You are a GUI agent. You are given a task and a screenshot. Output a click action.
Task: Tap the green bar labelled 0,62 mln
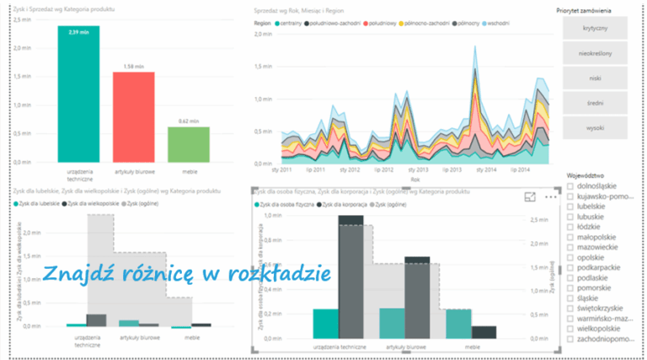pos(188,144)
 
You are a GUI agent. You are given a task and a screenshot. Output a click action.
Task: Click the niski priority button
pos(594,78)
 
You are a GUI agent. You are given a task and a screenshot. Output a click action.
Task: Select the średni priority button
pos(594,103)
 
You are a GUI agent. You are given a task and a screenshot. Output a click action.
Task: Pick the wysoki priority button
pos(594,127)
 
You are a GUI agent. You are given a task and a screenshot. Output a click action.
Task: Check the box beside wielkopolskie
pos(571,329)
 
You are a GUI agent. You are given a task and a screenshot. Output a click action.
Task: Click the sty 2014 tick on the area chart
pos(486,169)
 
